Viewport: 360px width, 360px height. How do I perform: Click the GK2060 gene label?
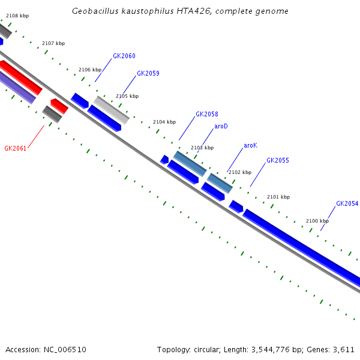pos(124,56)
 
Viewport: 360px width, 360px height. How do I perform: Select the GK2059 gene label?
pos(148,74)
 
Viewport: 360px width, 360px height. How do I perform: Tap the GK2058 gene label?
pos(207,115)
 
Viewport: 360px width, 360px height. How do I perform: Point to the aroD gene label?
pos(221,127)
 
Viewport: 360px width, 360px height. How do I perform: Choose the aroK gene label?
pos(250,146)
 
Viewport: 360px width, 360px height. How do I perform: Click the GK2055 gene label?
pos(278,161)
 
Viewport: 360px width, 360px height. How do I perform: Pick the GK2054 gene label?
pos(347,204)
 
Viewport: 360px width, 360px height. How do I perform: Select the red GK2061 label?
pos(16,148)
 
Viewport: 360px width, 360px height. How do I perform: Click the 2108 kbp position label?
pos(17,16)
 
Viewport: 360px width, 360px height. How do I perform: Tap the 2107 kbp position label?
pos(53,44)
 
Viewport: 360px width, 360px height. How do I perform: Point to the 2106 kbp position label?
pos(90,70)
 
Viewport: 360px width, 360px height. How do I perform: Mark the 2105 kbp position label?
pos(127,96)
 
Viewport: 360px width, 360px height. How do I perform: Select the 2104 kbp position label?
pos(164,122)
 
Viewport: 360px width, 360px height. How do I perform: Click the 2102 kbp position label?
pos(240,173)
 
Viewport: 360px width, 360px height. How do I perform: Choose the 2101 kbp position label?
pos(278,197)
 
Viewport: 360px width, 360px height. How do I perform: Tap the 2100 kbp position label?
pos(317,221)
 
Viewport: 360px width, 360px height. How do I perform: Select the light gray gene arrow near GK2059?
pos(111,109)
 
